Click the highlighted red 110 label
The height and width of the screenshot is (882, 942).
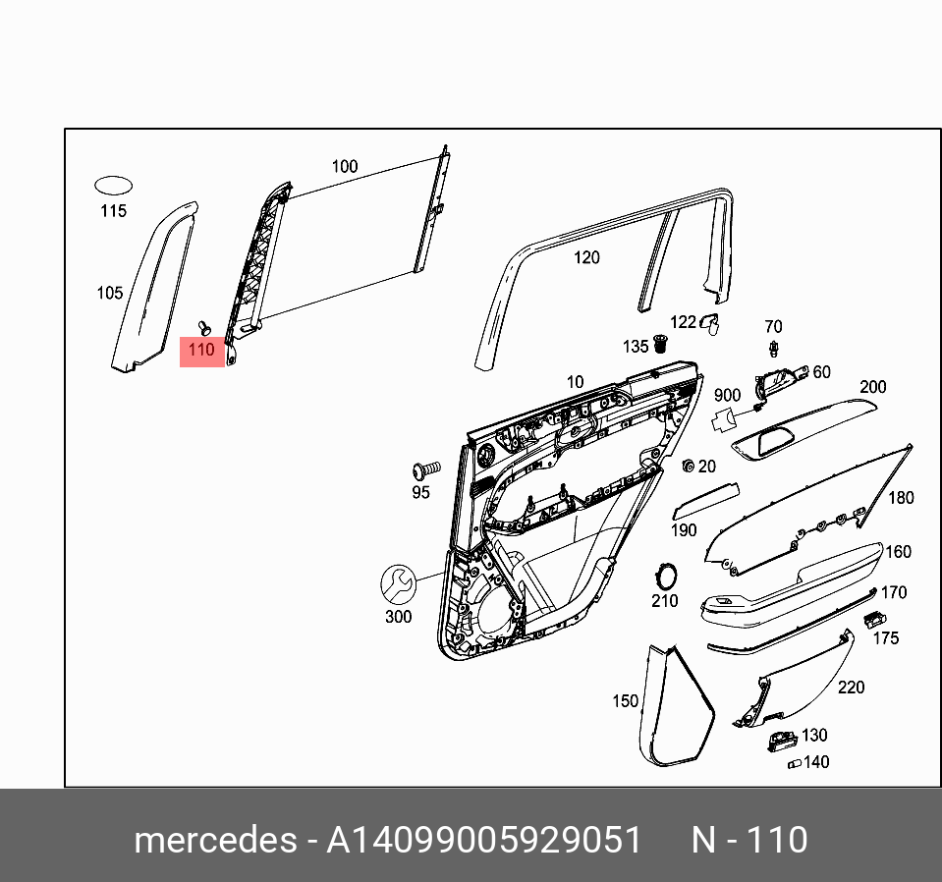click(x=201, y=350)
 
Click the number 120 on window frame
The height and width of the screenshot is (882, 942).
click(x=586, y=258)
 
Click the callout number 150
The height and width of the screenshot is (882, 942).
click(x=626, y=701)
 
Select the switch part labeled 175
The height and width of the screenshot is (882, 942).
click(x=873, y=619)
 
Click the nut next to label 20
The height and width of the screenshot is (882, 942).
click(x=689, y=465)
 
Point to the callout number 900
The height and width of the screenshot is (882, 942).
click(x=727, y=395)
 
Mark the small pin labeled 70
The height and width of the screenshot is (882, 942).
click(x=774, y=347)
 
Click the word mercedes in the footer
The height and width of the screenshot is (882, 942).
click(x=214, y=841)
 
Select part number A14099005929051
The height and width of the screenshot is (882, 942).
click(x=483, y=841)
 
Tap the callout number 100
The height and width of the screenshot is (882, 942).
click(x=345, y=167)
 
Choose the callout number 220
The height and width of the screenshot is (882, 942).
click(x=851, y=688)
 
